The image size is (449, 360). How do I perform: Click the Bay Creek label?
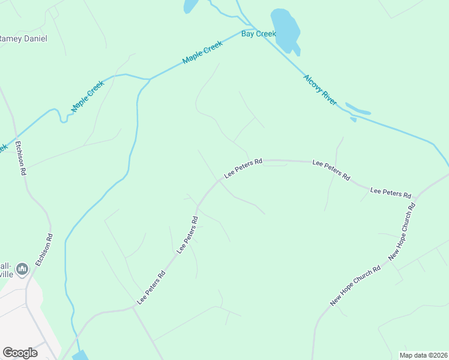pyautogui.click(x=259, y=34)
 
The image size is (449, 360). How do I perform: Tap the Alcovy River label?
pyautogui.click(x=321, y=87)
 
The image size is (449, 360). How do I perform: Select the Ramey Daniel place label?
pyautogui.click(x=23, y=38)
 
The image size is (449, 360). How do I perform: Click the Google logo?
pyautogui.click(x=20, y=353)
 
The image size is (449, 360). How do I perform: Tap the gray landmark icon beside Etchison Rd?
pyautogui.click(x=23, y=269)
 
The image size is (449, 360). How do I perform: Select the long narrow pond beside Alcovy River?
pyautogui.click(x=358, y=110)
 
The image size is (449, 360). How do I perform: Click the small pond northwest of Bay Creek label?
pyautogui.click(x=190, y=6)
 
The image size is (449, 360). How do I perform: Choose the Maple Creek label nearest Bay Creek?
pyautogui.click(x=202, y=53)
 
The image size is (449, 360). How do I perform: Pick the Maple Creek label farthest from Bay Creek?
pyautogui.click(x=88, y=96)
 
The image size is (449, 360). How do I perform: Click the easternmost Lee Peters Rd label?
pyautogui.click(x=391, y=193)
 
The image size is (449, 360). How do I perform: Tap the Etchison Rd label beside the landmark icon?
pyautogui.click(x=44, y=250)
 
